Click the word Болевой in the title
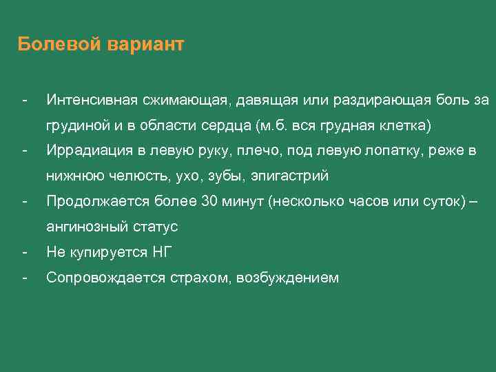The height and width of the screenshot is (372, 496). point(60,45)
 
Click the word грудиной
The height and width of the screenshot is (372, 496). point(74,126)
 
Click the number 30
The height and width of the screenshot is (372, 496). point(209,202)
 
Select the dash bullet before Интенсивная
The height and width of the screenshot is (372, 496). point(24,101)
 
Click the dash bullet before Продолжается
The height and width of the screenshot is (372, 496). point(24,202)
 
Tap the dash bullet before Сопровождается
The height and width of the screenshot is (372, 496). point(24,278)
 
